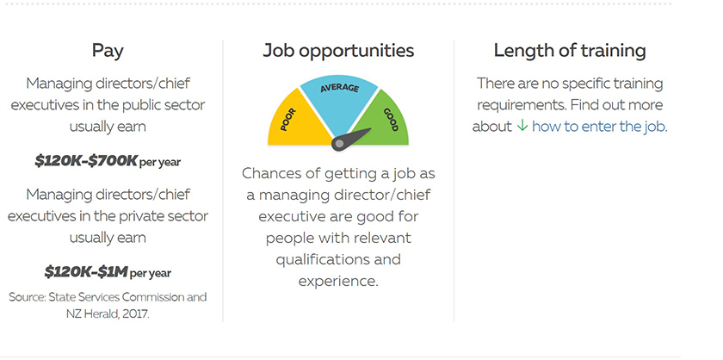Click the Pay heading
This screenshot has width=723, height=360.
pos(108,51)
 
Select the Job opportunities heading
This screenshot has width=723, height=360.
pos(338,51)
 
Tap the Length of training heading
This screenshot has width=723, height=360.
pos(570,50)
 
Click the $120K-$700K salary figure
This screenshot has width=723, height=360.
pos(86,160)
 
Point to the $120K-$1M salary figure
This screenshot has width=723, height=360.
pos(86,271)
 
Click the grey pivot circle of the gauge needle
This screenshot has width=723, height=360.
pos(339,144)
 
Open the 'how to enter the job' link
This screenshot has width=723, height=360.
pos(599,127)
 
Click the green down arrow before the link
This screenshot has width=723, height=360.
pos(522,126)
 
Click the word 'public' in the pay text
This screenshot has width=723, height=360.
pos(139,105)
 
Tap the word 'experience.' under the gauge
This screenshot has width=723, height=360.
pos(338,281)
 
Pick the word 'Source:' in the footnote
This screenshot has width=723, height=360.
pos(27,297)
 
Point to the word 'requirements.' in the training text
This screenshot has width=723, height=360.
pos(521,105)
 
